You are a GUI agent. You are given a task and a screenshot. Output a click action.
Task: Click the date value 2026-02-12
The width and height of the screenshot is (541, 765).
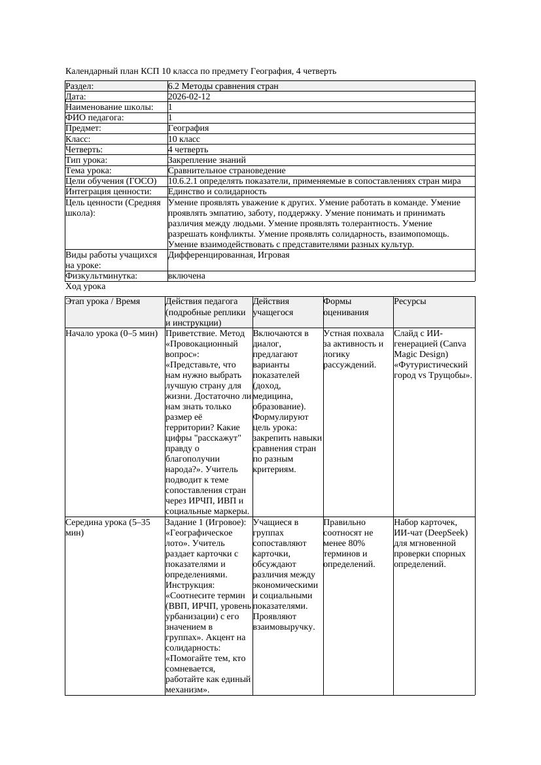coord(189,97)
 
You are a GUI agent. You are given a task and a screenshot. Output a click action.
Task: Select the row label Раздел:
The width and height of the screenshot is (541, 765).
coord(80,86)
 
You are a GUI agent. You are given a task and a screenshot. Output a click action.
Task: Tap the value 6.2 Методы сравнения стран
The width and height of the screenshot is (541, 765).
coord(223,86)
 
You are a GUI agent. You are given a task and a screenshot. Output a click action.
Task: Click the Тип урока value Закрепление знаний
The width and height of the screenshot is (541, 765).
coord(207,160)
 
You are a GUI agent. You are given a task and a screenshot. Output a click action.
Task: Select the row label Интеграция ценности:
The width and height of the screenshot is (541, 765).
coord(109,192)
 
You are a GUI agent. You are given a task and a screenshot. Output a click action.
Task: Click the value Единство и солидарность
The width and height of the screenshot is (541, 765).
coord(217,192)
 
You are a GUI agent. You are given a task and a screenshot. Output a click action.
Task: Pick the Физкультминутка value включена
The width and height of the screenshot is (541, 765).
coord(186,276)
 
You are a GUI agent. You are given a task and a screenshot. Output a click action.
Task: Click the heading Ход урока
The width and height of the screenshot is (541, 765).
coord(86,286)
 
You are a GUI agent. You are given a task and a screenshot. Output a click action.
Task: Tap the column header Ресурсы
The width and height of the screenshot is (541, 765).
coord(410,301)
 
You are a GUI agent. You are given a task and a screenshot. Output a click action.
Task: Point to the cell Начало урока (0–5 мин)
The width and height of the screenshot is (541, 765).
coord(112,333)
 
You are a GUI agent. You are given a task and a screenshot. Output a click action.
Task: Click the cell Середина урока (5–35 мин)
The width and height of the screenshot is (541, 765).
coord(108,528)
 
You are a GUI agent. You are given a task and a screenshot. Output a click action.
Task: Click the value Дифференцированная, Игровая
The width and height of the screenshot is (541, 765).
coord(228,255)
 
